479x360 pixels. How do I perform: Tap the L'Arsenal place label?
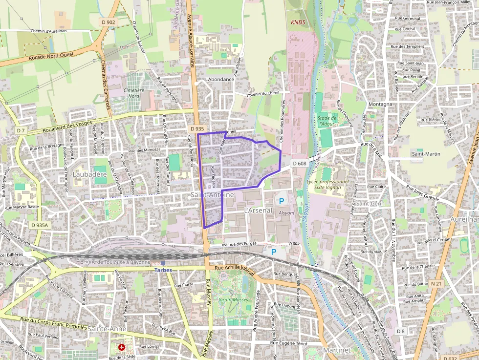(x=258, y=211)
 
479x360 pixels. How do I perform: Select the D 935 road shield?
(x=196, y=129)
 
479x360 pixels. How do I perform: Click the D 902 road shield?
(x=109, y=22)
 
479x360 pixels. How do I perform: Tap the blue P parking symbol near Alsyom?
(x=281, y=201)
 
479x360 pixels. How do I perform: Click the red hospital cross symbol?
(x=122, y=347)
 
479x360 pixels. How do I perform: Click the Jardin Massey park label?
(x=233, y=299)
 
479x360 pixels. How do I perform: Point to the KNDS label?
(x=298, y=22)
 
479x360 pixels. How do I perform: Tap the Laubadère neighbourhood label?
(x=89, y=174)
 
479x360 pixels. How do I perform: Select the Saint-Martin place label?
(x=425, y=154)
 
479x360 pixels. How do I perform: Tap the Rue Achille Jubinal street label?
(x=235, y=268)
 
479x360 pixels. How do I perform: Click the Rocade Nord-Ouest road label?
(x=51, y=56)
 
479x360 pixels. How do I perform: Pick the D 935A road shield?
(x=39, y=225)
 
